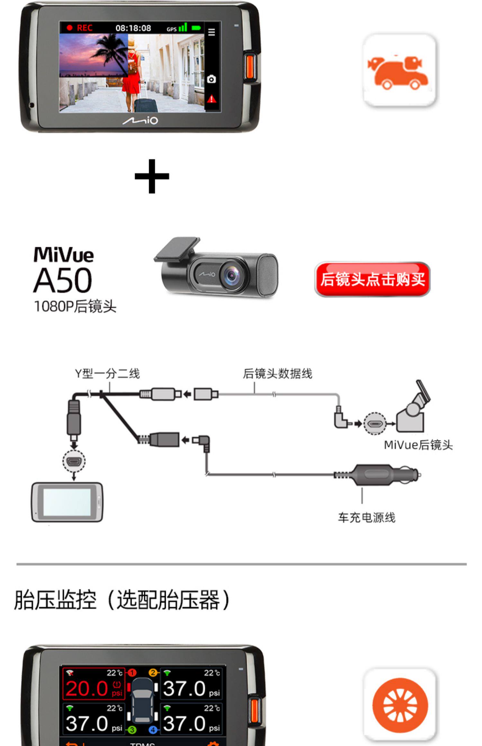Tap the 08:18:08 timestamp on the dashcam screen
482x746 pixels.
(x=133, y=28)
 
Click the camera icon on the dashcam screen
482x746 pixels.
(x=211, y=79)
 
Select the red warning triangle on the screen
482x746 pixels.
(x=211, y=99)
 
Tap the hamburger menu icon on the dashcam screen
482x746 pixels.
(x=211, y=32)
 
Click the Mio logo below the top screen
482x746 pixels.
(x=140, y=121)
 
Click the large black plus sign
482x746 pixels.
(x=152, y=176)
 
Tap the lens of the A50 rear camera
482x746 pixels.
(x=232, y=275)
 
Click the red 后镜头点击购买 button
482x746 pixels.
(x=372, y=279)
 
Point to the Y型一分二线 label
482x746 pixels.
(x=107, y=374)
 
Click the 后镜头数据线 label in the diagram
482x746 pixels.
(x=277, y=374)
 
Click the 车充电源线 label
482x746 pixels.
(x=366, y=518)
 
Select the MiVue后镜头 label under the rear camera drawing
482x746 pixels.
(x=418, y=445)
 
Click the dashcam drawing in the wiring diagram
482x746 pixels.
(x=67, y=502)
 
